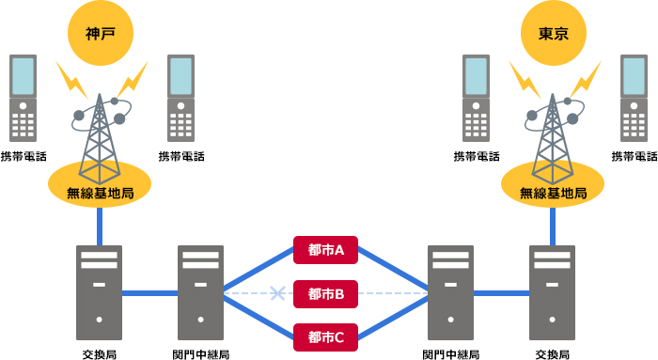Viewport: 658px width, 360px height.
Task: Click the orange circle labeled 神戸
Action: (x=100, y=33)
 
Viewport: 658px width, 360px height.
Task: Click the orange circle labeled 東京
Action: (x=553, y=33)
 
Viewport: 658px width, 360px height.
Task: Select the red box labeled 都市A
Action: (x=326, y=250)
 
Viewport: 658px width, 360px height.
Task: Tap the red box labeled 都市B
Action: (x=326, y=294)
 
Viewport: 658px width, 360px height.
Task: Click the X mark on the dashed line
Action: (x=277, y=294)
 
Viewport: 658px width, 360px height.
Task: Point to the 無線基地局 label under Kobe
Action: (x=100, y=194)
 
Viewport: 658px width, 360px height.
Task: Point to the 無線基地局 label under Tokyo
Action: (x=553, y=194)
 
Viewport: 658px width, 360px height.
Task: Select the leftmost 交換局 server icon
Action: (x=100, y=292)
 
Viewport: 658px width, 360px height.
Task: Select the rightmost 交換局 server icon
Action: (x=553, y=292)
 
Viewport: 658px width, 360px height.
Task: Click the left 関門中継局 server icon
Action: (x=200, y=292)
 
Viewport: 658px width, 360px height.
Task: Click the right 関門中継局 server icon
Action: (x=451, y=292)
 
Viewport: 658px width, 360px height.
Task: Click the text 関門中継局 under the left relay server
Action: (x=200, y=353)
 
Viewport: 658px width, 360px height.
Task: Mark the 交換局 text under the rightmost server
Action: (x=553, y=353)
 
